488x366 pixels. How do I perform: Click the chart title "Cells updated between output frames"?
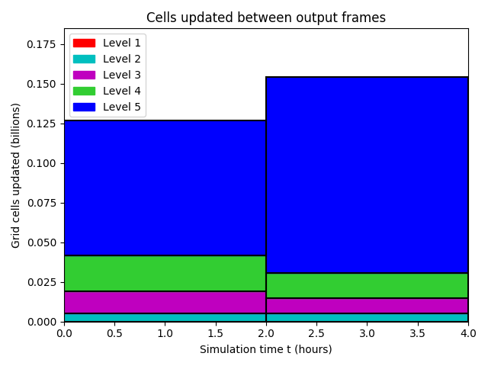pos(266,18)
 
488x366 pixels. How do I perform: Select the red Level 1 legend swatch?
pos(84,43)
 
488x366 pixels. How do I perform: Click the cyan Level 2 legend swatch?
pos(84,59)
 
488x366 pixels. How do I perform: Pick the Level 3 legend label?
pos(122,75)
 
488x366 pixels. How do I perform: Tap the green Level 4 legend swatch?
pos(84,91)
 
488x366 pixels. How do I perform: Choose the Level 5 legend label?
pos(122,107)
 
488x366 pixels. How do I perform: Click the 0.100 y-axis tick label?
pos(41,163)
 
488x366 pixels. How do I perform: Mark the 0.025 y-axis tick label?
pos(41,282)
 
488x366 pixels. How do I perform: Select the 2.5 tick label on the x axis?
pos(316,333)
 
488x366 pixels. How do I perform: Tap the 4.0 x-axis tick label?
pos(468,333)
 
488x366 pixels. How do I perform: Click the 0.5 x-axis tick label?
pos(115,333)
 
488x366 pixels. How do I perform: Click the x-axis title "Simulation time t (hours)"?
pos(266,349)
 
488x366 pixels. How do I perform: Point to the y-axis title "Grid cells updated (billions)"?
pos(15,176)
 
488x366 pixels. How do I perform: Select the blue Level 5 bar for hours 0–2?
pos(165,188)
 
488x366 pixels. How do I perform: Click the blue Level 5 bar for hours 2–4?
pos(368,175)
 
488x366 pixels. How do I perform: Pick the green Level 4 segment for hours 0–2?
pos(165,273)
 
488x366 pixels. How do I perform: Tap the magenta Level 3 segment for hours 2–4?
pos(368,306)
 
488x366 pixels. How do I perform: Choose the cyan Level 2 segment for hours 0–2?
pos(165,317)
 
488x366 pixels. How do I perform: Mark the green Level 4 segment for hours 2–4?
pos(368,286)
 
